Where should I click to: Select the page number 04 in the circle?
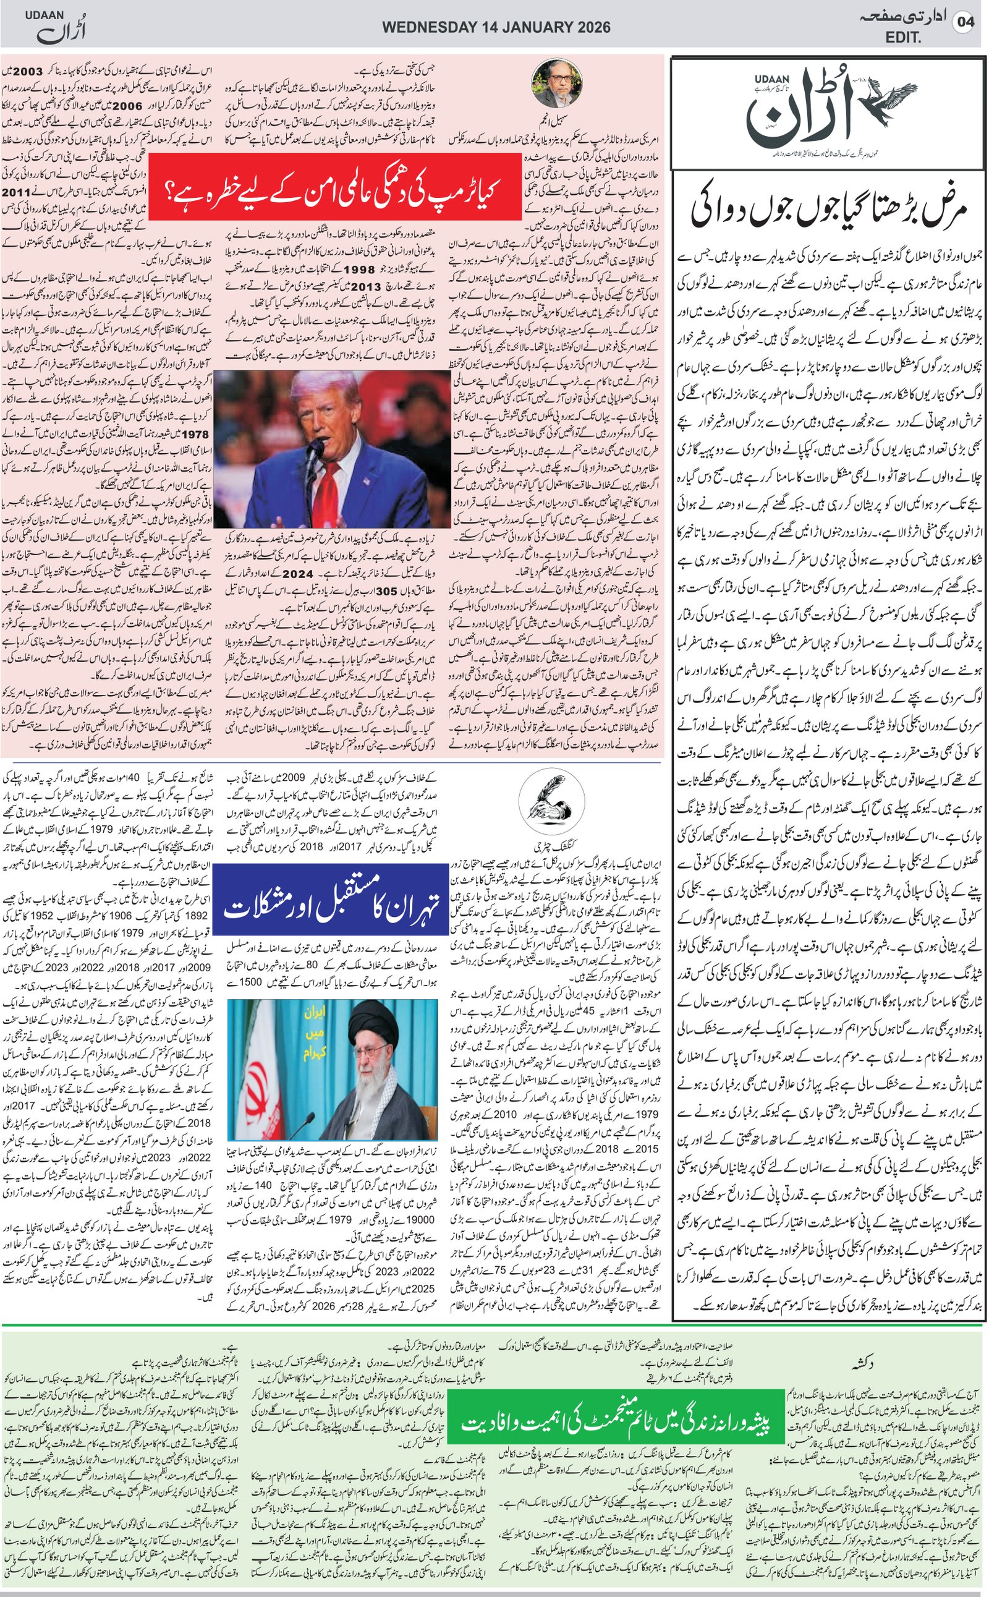point(966,22)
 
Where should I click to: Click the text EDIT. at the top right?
point(903,38)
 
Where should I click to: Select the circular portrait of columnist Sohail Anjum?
point(559,82)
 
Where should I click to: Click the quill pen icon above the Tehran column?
point(551,799)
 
